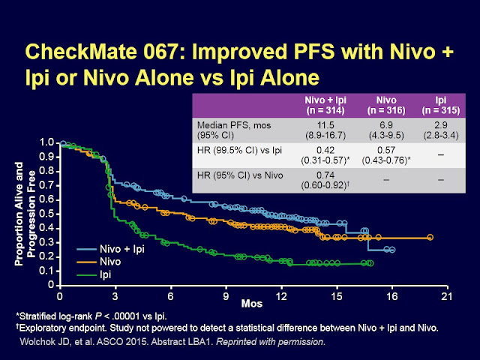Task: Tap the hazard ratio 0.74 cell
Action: [x=325, y=181]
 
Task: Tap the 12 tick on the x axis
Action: [x=280, y=296]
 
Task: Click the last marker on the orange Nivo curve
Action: [x=430, y=237]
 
